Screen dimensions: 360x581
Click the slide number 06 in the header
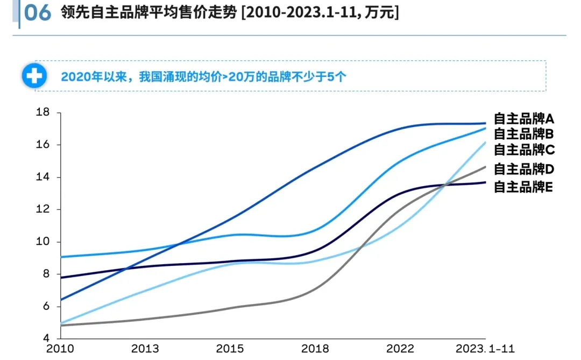tap(37, 13)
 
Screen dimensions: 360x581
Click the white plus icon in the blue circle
tap(34, 76)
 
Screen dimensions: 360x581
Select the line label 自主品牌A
tap(523, 119)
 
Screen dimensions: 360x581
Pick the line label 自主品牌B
tap(523, 134)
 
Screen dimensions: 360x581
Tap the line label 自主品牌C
tap(523, 150)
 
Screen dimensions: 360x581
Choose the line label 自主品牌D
tap(523, 169)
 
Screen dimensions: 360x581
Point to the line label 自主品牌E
tap(523, 187)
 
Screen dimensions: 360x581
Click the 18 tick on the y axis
tap(42, 112)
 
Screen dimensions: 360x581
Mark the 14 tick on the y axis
tap(42, 177)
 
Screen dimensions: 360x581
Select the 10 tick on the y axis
tap(42, 242)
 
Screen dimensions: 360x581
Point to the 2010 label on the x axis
tap(60, 349)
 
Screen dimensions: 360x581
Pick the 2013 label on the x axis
tap(145, 349)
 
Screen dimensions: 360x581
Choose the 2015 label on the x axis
tap(230, 349)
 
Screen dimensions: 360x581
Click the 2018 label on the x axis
tap(315, 349)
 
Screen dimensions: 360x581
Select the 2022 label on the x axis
tap(400, 349)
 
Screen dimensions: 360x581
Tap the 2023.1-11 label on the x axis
tap(485, 349)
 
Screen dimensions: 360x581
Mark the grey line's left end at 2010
tap(61, 325)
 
